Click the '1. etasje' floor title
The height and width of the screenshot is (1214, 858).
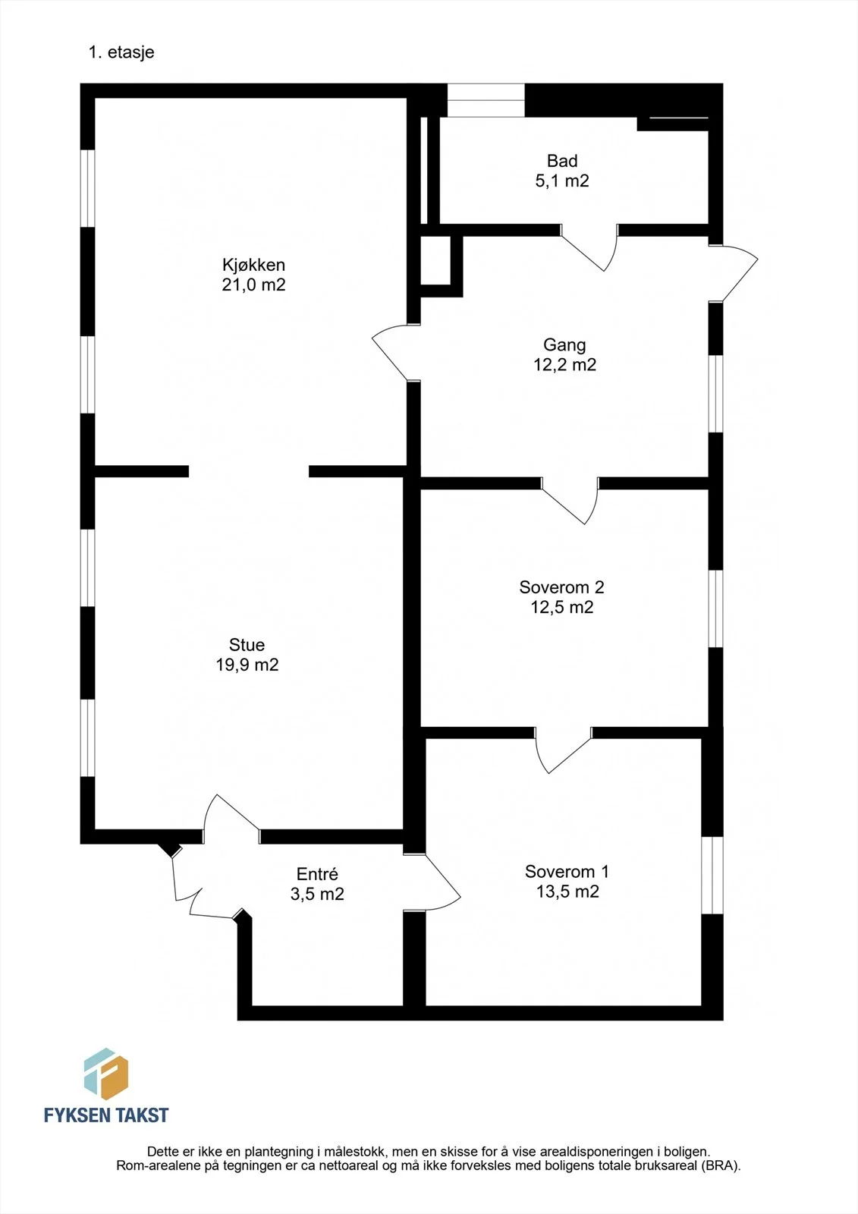[121, 52]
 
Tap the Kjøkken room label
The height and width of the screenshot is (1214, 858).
[253, 265]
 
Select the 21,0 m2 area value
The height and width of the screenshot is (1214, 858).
[253, 285]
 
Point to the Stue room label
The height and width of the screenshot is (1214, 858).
[247, 644]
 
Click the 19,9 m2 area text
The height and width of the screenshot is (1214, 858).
[247, 665]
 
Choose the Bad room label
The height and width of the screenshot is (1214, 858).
[562, 160]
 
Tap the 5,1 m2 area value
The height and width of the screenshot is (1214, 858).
[562, 181]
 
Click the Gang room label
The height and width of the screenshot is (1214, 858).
[564, 344]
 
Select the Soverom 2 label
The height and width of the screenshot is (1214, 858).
[561, 587]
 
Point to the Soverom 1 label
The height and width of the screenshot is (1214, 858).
[567, 872]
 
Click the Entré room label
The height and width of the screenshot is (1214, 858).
[317, 873]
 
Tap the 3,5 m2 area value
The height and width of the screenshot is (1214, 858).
[317, 894]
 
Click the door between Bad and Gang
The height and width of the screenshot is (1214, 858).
[589, 247]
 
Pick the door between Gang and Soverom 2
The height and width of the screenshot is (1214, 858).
[570, 501]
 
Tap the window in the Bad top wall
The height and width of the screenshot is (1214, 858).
[486, 100]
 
